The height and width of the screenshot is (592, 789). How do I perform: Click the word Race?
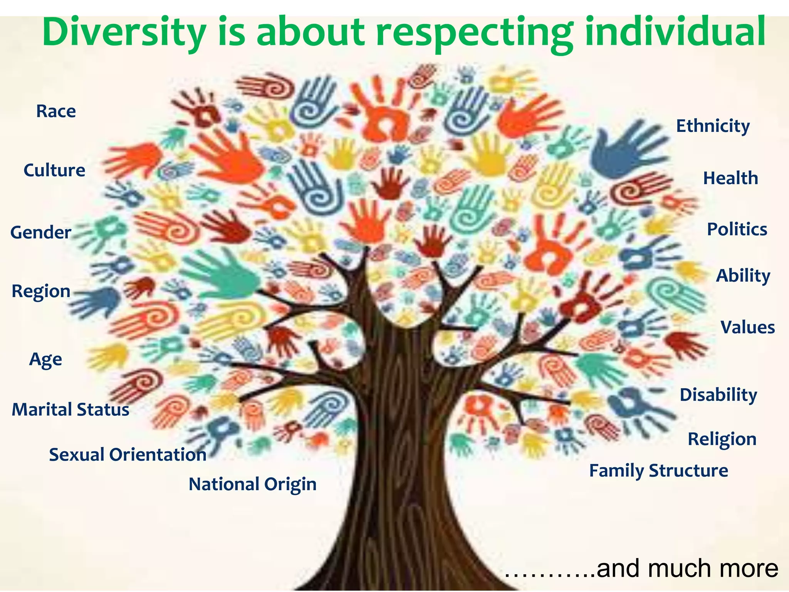click(x=56, y=111)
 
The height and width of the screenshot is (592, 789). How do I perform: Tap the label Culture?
click(x=54, y=170)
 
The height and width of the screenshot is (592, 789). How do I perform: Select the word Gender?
click(x=41, y=232)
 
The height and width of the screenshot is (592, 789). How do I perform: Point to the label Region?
click(x=41, y=291)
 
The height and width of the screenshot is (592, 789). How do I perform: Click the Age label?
click(x=45, y=360)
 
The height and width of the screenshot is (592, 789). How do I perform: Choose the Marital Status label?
click(x=70, y=409)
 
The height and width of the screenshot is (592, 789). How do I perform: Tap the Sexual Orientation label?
click(x=128, y=455)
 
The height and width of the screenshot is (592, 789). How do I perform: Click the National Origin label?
click(x=252, y=484)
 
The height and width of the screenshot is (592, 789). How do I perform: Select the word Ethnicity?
click(x=713, y=126)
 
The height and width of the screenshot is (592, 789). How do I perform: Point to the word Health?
click(x=730, y=178)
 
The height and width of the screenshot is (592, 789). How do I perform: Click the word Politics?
click(x=737, y=230)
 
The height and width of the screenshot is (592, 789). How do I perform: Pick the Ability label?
click(x=743, y=276)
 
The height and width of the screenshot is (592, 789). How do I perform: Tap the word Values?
click(x=747, y=328)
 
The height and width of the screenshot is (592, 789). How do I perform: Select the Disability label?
click(x=718, y=395)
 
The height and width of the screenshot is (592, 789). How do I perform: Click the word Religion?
click(x=722, y=439)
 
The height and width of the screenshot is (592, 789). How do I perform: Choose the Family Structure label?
click(x=658, y=471)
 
